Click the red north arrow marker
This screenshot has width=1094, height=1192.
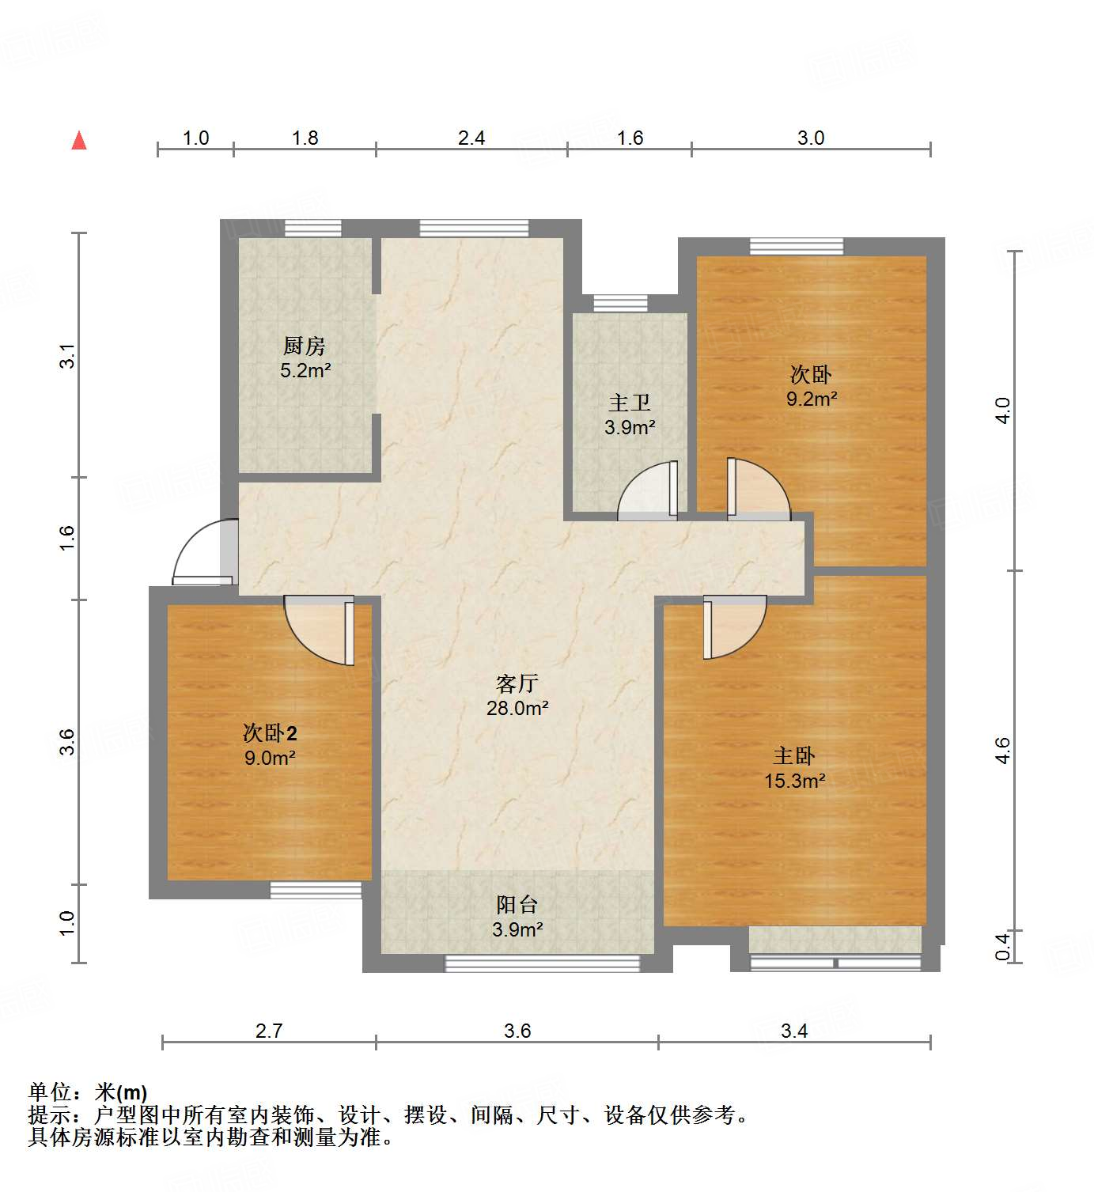(x=79, y=141)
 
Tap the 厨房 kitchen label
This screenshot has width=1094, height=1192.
(x=305, y=346)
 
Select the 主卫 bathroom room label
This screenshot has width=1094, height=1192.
(x=630, y=403)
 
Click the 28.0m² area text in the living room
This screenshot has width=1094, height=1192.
(x=517, y=709)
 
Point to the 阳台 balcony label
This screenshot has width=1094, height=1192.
(x=517, y=904)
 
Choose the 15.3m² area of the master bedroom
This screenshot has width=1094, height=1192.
(x=794, y=781)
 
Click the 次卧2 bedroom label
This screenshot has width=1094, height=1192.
(x=270, y=732)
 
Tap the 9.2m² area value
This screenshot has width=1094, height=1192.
(x=812, y=399)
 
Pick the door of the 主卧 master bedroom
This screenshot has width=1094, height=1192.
(x=733, y=626)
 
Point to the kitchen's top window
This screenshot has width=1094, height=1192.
(x=313, y=229)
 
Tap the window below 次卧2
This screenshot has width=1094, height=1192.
(x=316, y=891)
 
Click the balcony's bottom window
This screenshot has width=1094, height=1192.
(x=543, y=963)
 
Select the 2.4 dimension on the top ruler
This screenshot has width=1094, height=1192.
(x=471, y=138)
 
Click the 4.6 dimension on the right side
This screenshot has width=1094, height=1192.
(x=1002, y=750)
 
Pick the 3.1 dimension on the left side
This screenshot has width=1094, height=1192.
(x=67, y=355)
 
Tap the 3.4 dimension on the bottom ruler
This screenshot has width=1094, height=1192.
(x=794, y=1031)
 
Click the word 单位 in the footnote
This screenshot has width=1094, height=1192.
(x=50, y=1092)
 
